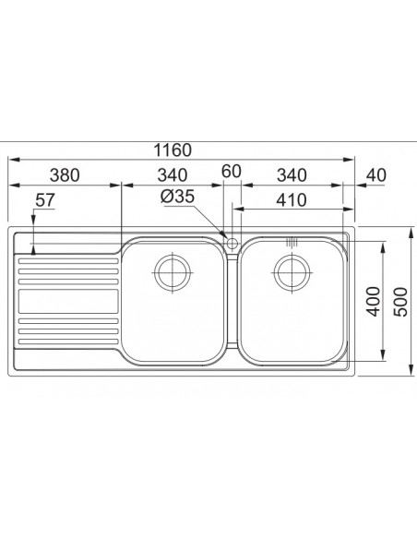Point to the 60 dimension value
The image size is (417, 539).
[231, 171]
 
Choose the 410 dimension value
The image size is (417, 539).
[292, 198]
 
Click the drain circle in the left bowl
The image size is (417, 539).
[173, 271]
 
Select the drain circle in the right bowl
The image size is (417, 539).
[291, 271]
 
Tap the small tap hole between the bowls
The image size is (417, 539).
[232, 243]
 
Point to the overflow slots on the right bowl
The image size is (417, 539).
[292, 242]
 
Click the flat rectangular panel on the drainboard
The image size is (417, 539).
[67, 301]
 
